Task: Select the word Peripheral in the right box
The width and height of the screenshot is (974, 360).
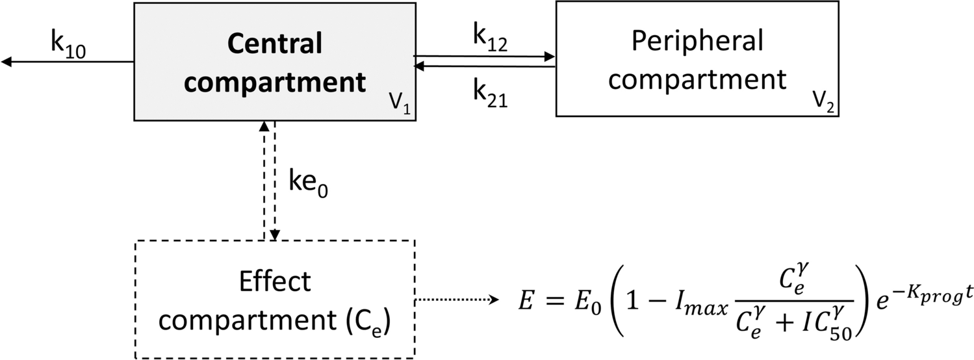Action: click(697, 42)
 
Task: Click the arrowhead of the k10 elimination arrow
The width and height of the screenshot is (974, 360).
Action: click(6, 62)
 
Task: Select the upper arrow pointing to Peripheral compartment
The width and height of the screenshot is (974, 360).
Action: click(483, 57)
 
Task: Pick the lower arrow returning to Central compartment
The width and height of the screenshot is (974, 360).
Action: click(483, 66)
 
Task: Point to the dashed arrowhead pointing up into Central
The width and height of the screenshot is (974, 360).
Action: click(263, 126)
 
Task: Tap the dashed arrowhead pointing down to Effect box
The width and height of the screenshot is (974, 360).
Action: click(276, 235)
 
